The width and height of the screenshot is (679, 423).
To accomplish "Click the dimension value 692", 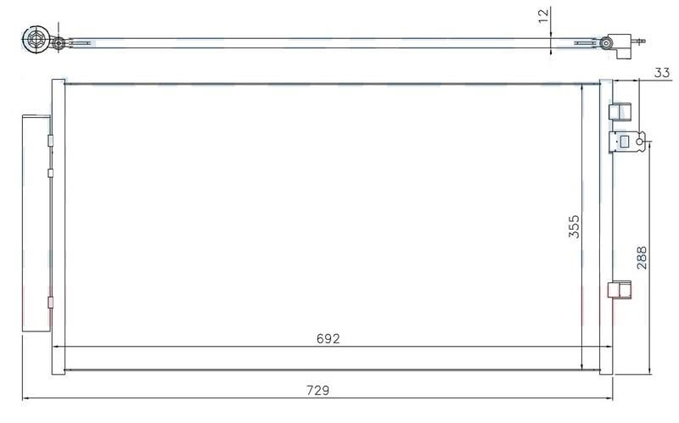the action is [x=328, y=339].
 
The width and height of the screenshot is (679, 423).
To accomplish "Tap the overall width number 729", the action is [x=317, y=391].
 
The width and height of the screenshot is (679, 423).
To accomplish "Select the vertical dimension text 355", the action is [x=574, y=226].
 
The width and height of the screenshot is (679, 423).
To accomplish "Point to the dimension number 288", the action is [x=642, y=258].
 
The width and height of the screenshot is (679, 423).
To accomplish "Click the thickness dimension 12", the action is [x=543, y=15].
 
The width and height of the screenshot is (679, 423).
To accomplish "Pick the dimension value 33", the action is [x=662, y=73].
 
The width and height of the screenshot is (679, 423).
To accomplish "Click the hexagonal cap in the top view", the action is [x=36, y=39].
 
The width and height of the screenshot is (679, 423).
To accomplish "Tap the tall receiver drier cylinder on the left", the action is [x=36, y=223].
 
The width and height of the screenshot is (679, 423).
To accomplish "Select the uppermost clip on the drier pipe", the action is [x=50, y=141].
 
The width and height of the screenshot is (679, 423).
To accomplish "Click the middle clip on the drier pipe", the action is [x=50, y=173].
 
